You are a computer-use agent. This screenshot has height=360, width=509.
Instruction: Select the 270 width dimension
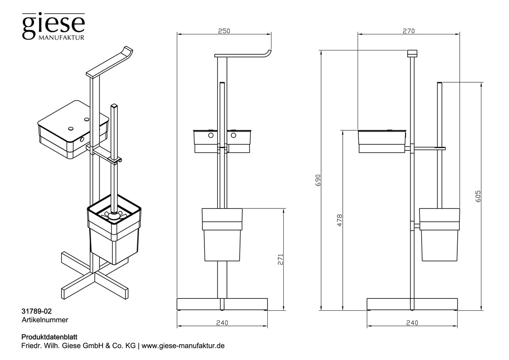408,31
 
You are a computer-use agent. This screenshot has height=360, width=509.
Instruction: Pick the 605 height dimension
478,196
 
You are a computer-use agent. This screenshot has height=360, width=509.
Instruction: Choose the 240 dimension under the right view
411,323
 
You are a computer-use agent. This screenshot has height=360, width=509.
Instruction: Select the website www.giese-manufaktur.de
182,346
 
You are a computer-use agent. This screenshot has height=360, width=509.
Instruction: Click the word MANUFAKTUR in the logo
63,37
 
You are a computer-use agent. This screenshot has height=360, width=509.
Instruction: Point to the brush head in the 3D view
114,216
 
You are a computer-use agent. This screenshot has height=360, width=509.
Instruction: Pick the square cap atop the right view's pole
412,53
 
